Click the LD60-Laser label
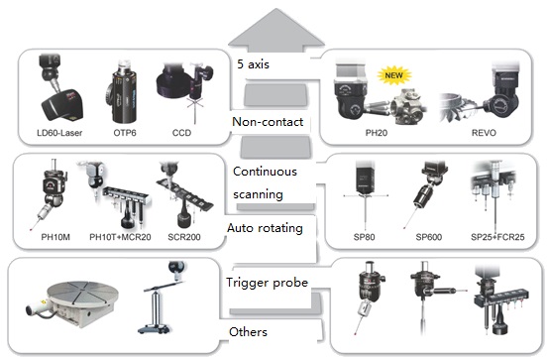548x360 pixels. point(56,133)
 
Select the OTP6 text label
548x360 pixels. point(124,133)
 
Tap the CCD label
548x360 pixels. point(181,133)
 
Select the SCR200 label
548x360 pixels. point(184,239)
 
